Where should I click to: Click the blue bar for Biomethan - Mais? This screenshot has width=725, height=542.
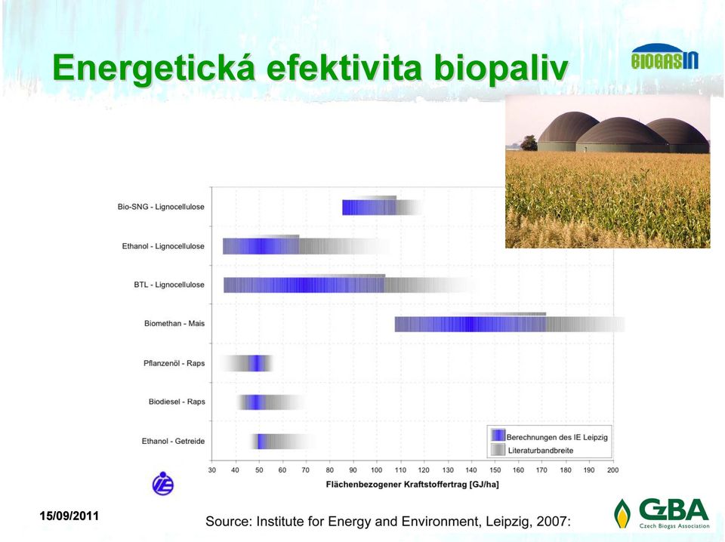click(x=470, y=324)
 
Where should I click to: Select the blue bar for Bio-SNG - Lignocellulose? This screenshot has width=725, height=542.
click(x=369, y=208)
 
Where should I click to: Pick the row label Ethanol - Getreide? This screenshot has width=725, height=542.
click(x=173, y=442)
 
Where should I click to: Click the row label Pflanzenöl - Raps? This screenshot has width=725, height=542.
click(x=174, y=363)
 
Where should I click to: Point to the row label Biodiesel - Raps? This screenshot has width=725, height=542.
click(x=177, y=402)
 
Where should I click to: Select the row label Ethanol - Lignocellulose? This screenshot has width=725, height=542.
click(x=163, y=246)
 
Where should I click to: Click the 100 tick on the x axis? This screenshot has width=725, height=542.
click(x=376, y=470)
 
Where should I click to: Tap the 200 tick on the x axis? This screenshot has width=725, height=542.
click(x=612, y=470)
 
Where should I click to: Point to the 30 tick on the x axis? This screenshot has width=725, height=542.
click(x=211, y=470)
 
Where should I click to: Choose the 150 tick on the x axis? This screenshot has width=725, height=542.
click(x=495, y=470)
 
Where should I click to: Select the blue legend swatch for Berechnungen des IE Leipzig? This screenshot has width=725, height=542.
click(x=498, y=436)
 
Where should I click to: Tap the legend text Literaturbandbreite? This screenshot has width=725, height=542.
click(x=541, y=451)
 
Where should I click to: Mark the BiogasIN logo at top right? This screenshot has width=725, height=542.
click(x=665, y=57)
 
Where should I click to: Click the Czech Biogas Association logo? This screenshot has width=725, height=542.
click(x=662, y=513)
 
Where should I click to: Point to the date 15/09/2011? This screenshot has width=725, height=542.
click(x=69, y=516)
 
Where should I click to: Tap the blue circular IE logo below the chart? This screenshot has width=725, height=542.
click(x=163, y=483)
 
